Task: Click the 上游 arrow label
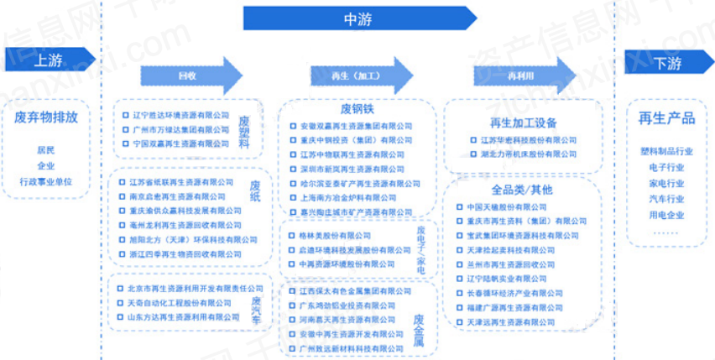coord(48,60)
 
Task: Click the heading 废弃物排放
coord(47,117)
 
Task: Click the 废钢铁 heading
coord(356,109)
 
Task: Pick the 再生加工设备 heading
coord(523,123)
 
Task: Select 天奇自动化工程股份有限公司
coord(175,302)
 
